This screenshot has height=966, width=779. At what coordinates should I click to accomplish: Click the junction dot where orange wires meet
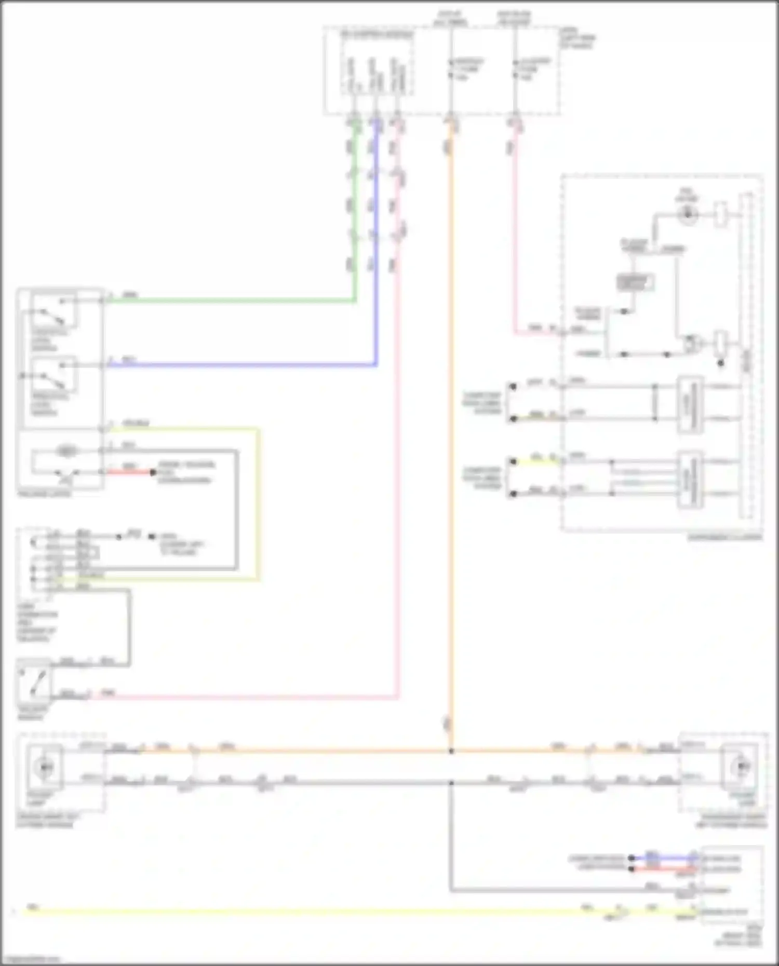click(451, 751)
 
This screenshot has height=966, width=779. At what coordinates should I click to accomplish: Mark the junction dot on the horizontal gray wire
click(451, 782)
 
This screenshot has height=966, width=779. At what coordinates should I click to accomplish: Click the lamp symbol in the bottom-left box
click(45, 767)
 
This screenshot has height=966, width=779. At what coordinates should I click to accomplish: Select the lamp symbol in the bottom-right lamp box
click(742, 767)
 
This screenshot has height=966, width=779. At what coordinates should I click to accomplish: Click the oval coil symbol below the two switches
click(66, 451)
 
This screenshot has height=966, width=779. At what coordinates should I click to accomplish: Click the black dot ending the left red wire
click(153, 472)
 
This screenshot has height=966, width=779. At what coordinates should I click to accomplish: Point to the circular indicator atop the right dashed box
click(687, 213)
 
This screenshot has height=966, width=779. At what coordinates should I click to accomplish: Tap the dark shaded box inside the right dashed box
click(635, 282)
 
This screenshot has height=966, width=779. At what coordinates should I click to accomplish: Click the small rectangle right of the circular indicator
click(720, 214)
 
